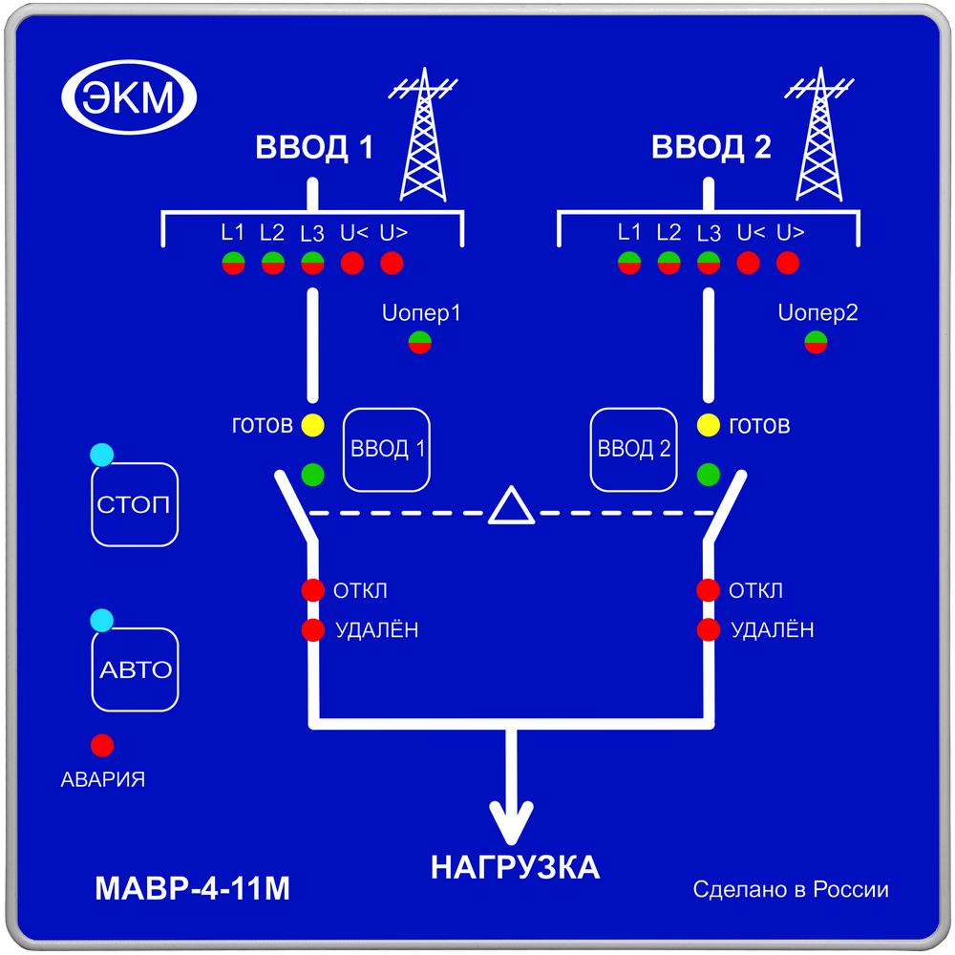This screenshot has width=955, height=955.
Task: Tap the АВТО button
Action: point(136,669)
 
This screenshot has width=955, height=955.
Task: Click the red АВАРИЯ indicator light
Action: point(102,745)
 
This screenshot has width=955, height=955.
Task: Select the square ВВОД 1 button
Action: point(387,449)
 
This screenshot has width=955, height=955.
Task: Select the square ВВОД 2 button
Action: point(633,449)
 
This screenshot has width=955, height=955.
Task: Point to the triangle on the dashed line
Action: point(511,507)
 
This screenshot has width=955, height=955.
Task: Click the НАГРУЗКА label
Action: point(515,868)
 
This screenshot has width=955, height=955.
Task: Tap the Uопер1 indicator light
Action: point(419,343)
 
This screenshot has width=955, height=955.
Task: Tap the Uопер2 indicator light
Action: point(816,343)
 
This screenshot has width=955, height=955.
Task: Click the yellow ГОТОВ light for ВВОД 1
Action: point(312,426)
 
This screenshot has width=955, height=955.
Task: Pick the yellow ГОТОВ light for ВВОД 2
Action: point(708,426)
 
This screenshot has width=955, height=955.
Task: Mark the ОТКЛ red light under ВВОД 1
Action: point(312,590)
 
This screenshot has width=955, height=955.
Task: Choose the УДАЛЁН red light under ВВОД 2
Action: point(708,629)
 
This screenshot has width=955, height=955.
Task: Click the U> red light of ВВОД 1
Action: point(392,263)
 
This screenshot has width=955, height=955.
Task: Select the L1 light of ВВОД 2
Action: point(628,263)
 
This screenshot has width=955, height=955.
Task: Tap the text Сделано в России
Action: point(791,890)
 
